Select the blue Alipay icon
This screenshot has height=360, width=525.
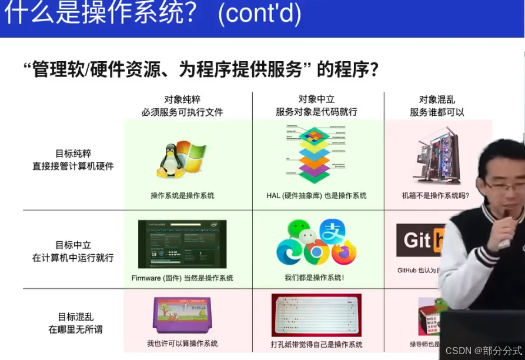(x=330, y=230)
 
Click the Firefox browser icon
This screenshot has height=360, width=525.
(x=345, y=252)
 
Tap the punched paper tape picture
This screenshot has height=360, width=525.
(x=317, y=315)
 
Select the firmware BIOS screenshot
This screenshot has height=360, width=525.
(x=182, y=244)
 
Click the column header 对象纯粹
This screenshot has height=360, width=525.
(x=182, y=99)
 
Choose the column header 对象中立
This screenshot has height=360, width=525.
(x=316, y=99)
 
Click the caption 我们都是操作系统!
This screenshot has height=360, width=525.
(x=315, y=278)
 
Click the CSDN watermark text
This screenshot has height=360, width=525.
(x=483, y=351)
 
